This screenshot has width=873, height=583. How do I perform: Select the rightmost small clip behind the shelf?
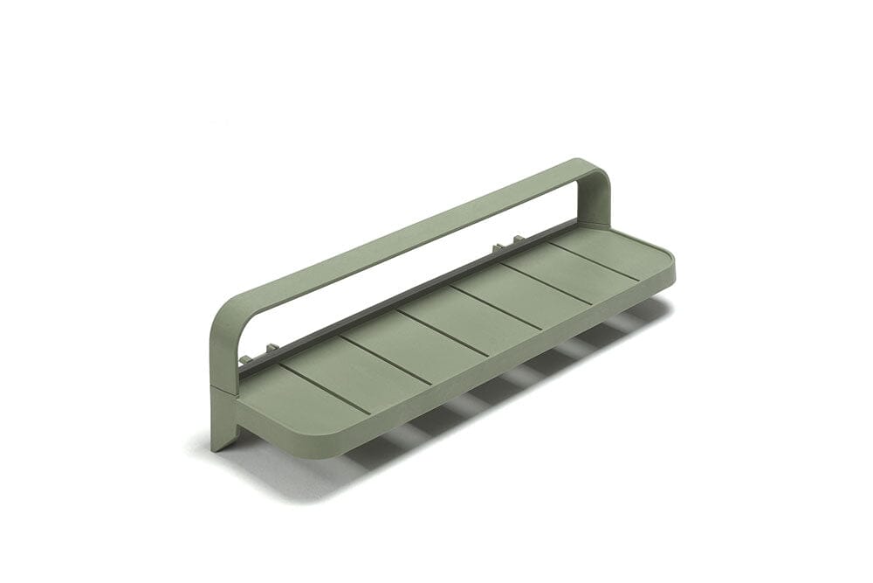519,238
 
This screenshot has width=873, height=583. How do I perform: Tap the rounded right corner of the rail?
594,170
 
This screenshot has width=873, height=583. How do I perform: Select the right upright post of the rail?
599,202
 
